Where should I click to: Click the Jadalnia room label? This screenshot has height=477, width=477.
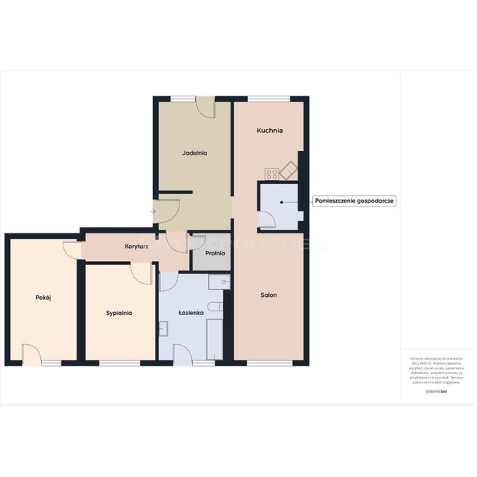pos(195,153)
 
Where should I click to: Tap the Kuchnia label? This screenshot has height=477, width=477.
pos(269,131)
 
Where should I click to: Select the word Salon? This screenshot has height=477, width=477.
pos(269,295)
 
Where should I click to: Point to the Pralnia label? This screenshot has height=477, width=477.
pos(214,254)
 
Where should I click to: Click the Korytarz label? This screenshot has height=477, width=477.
pos(136,247)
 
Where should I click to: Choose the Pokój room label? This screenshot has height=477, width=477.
pos(42,297)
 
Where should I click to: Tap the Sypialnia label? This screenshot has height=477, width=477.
pos(119,312)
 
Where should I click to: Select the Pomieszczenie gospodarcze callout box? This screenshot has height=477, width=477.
pos(354,201)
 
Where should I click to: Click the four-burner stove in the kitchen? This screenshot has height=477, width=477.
pos(271,174)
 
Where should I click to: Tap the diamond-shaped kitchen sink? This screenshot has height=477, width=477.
pos(290,170)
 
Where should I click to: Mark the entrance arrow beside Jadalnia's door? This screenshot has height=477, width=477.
pos(153,212)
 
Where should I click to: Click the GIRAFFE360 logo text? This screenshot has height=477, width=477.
pos(435,392)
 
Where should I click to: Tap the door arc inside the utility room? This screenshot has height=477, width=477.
pos(267,220)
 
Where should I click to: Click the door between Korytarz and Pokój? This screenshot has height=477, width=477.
pos(71,249)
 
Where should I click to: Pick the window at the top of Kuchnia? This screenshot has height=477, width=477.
pos(268,98)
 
